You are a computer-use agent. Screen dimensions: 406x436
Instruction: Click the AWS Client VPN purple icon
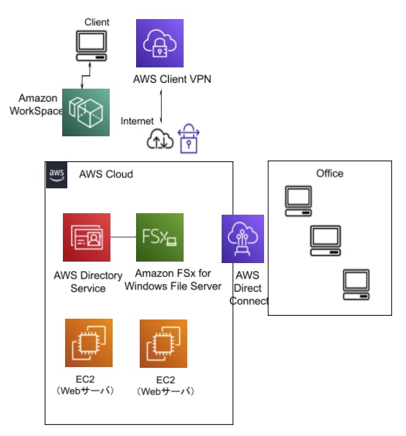coord(159,43)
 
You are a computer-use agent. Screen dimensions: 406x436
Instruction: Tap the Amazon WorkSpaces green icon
coord(86,112)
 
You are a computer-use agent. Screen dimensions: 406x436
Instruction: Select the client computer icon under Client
coord(91,46)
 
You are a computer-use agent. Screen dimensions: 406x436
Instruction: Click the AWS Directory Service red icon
coord(86,237)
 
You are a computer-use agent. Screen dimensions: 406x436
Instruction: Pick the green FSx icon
coord(159,237)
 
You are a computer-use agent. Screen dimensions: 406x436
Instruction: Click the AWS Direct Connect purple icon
coord(243,239)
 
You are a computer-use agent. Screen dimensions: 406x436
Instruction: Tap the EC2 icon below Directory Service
coord(89,343)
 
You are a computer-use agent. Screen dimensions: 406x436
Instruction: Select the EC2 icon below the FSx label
coord(163,344)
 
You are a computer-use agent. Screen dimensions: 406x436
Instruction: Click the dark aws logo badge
coord(56,175)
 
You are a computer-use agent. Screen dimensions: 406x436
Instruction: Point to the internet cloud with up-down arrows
coord(160,139)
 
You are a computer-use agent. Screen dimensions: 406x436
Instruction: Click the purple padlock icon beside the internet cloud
coord(189,138)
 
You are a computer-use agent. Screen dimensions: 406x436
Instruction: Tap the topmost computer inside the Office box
coord(298,201)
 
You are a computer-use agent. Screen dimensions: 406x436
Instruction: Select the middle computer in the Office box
coord(326,241)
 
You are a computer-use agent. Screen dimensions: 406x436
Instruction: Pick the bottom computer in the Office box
coord(356,284)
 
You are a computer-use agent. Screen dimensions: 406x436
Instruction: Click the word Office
coord(330,173)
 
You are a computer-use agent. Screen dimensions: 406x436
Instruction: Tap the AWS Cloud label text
coord(106,174)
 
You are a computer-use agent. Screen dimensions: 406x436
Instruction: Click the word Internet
coord(137,121)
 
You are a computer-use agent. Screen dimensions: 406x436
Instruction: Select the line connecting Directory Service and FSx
coord(123,237)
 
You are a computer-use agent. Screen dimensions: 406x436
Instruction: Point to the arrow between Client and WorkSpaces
coord(86,75)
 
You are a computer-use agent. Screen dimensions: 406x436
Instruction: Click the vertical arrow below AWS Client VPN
coord(161,106)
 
